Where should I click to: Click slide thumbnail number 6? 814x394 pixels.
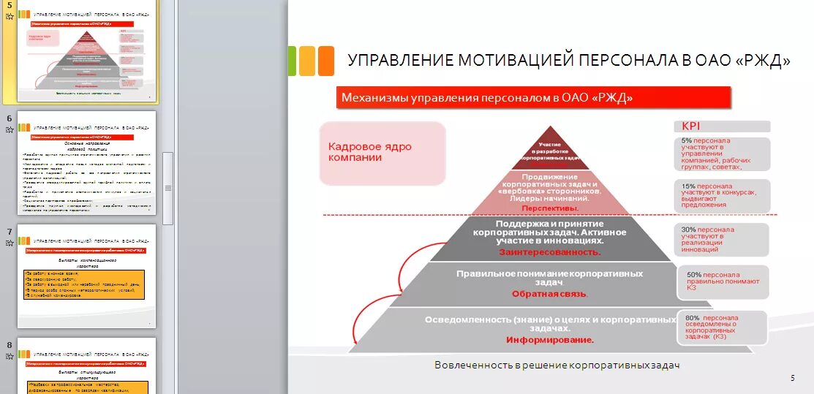[x=86, y=162]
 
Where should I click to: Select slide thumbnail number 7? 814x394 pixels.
[x=86, y=276]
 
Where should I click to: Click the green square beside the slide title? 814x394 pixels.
[x=292, y=61]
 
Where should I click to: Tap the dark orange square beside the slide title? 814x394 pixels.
[x=326, y=61]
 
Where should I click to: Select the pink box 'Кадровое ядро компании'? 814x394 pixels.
[x=382, y=153]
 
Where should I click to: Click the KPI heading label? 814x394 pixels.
[x=691, y=126]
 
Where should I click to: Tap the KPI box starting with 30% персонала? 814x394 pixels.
[x=721, y=240]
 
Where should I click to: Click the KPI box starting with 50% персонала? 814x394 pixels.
[x=726, y=282]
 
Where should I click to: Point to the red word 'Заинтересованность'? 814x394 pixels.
[x=549, y=252]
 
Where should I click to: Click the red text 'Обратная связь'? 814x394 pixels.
[x=549, y=294]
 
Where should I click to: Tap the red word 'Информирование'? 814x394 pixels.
[x=549, y=340]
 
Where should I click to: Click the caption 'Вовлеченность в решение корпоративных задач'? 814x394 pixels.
[x=557, y=365]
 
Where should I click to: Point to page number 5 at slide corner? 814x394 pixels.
[x=792, y=377]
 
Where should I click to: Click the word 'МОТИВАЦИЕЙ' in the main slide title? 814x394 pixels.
[x=516, y=61]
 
